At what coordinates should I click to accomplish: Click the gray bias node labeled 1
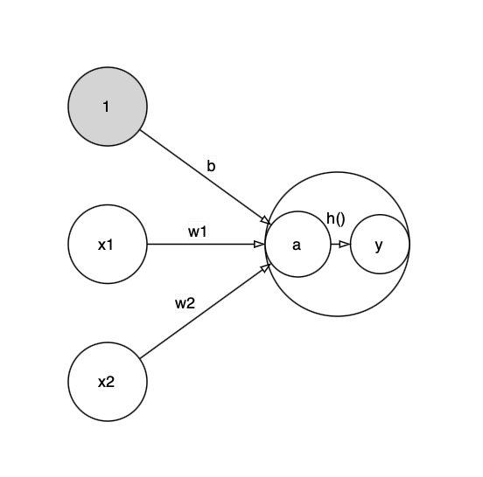click(x=108, y=107)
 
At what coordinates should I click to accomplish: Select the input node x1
click(x=108, y=245)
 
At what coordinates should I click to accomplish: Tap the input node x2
click(x=108, y=382)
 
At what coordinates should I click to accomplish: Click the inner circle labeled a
click(x=297, y=245)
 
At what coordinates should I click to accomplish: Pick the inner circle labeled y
click(x=380, y=245)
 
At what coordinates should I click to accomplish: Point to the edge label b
click(x=211, y=166)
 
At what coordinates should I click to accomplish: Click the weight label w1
click(x=198, y=232)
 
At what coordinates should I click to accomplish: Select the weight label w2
click(x=185, y=303)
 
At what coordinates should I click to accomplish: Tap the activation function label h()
click(x=335, y=218)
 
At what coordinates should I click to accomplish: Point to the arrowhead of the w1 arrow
click(x=259, y=245)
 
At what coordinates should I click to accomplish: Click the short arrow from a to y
click(x=340, y=245)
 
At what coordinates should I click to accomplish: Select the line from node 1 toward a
click(x=206, y=177)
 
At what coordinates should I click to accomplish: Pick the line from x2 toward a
click(x=206, y=311)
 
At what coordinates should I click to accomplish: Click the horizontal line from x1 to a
click(x=206, y=245)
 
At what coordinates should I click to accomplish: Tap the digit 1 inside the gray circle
click(x=106, y=107)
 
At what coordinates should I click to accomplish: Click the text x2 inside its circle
click(x=106, y=382)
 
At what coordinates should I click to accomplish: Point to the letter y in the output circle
click(x=379, y=245)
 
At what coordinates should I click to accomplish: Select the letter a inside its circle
click(x=297, y=245)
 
